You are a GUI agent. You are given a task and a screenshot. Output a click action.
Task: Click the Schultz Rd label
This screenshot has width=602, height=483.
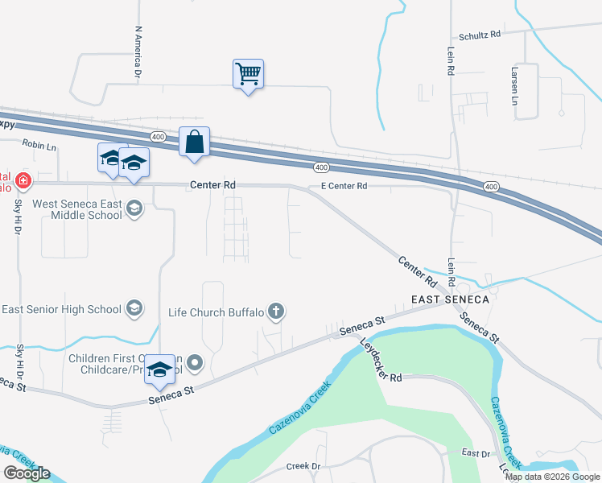(x=480, y=35)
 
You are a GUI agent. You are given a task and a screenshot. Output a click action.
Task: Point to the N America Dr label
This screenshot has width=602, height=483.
(x=138, y=52)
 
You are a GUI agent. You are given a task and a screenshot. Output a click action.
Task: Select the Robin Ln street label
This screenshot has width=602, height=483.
(x=39, y=145)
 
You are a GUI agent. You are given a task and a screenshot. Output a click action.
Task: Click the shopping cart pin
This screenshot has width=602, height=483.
(x=248, y=75)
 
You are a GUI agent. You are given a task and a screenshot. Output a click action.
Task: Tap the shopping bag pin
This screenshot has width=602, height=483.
(x=194, y=142)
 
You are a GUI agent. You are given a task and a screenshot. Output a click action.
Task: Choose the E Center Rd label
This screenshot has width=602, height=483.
(x=344, y=186)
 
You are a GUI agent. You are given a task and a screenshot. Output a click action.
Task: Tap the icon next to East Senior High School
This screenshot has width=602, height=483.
(x=134, y=309)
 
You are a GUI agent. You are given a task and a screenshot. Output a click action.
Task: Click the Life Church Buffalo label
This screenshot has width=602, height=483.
(x=216, y=312)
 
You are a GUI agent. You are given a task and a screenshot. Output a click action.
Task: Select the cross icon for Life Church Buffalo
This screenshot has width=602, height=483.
(x=276, y=312)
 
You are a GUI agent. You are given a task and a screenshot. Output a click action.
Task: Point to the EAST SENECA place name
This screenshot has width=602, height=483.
(x=450, y=299)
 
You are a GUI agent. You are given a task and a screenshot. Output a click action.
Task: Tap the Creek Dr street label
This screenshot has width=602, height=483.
(x=303, y=467)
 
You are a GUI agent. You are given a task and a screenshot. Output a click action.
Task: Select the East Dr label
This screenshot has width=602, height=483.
(x=476, y=454)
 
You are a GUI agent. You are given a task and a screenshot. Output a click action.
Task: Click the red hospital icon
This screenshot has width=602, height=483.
(x=24, y=180)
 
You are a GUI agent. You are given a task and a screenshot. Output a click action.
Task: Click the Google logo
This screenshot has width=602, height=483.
(x=27, y=473)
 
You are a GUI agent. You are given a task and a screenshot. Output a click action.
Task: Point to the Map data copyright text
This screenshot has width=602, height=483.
(x=552, y=477)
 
